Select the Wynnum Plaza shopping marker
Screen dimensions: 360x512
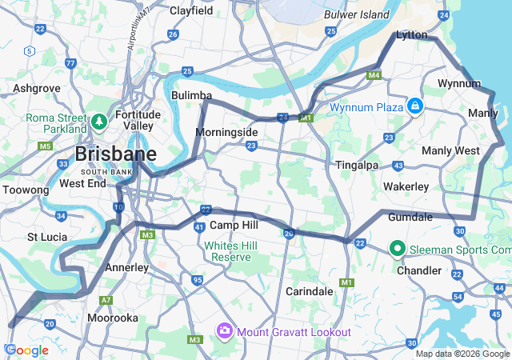tap(414, 106)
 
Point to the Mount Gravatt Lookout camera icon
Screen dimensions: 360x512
tap(224, 331)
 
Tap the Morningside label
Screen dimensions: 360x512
tap(227, 131)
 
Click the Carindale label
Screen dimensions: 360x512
tap(309, 291)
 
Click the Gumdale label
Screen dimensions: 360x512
tap(410, 217)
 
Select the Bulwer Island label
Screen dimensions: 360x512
tap(357, 14)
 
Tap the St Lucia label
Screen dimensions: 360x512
tap(46, 237)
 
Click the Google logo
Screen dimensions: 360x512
tap(26, 350)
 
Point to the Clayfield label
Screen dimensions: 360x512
tap(191, 11)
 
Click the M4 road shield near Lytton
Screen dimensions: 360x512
tap(373, 75)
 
